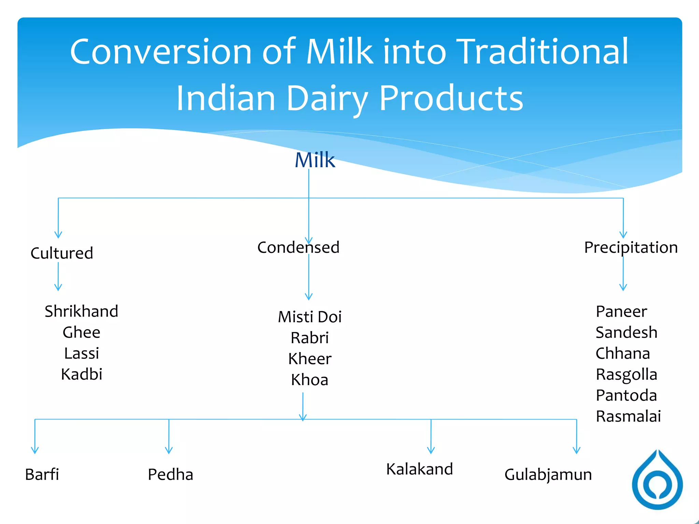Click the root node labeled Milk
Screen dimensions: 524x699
315,160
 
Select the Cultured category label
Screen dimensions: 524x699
62,253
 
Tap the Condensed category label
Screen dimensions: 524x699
298,247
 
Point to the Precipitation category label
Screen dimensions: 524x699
631,247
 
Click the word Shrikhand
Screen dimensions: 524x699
81,311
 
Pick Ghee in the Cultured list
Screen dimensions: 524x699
81,332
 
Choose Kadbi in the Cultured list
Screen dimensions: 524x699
81,374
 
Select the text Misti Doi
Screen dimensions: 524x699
310,317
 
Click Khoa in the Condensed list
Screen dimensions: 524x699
310,380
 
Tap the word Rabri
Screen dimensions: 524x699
310,338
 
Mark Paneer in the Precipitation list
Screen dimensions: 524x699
621,311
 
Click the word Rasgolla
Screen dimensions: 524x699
626,374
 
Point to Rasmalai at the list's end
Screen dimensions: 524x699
628,416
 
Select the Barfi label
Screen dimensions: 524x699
42,474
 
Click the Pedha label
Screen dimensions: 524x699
170,474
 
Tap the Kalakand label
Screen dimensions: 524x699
419,469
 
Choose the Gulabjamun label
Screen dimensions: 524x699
548,474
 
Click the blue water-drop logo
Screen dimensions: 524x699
657,481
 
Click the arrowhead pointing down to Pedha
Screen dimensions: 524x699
169,450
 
